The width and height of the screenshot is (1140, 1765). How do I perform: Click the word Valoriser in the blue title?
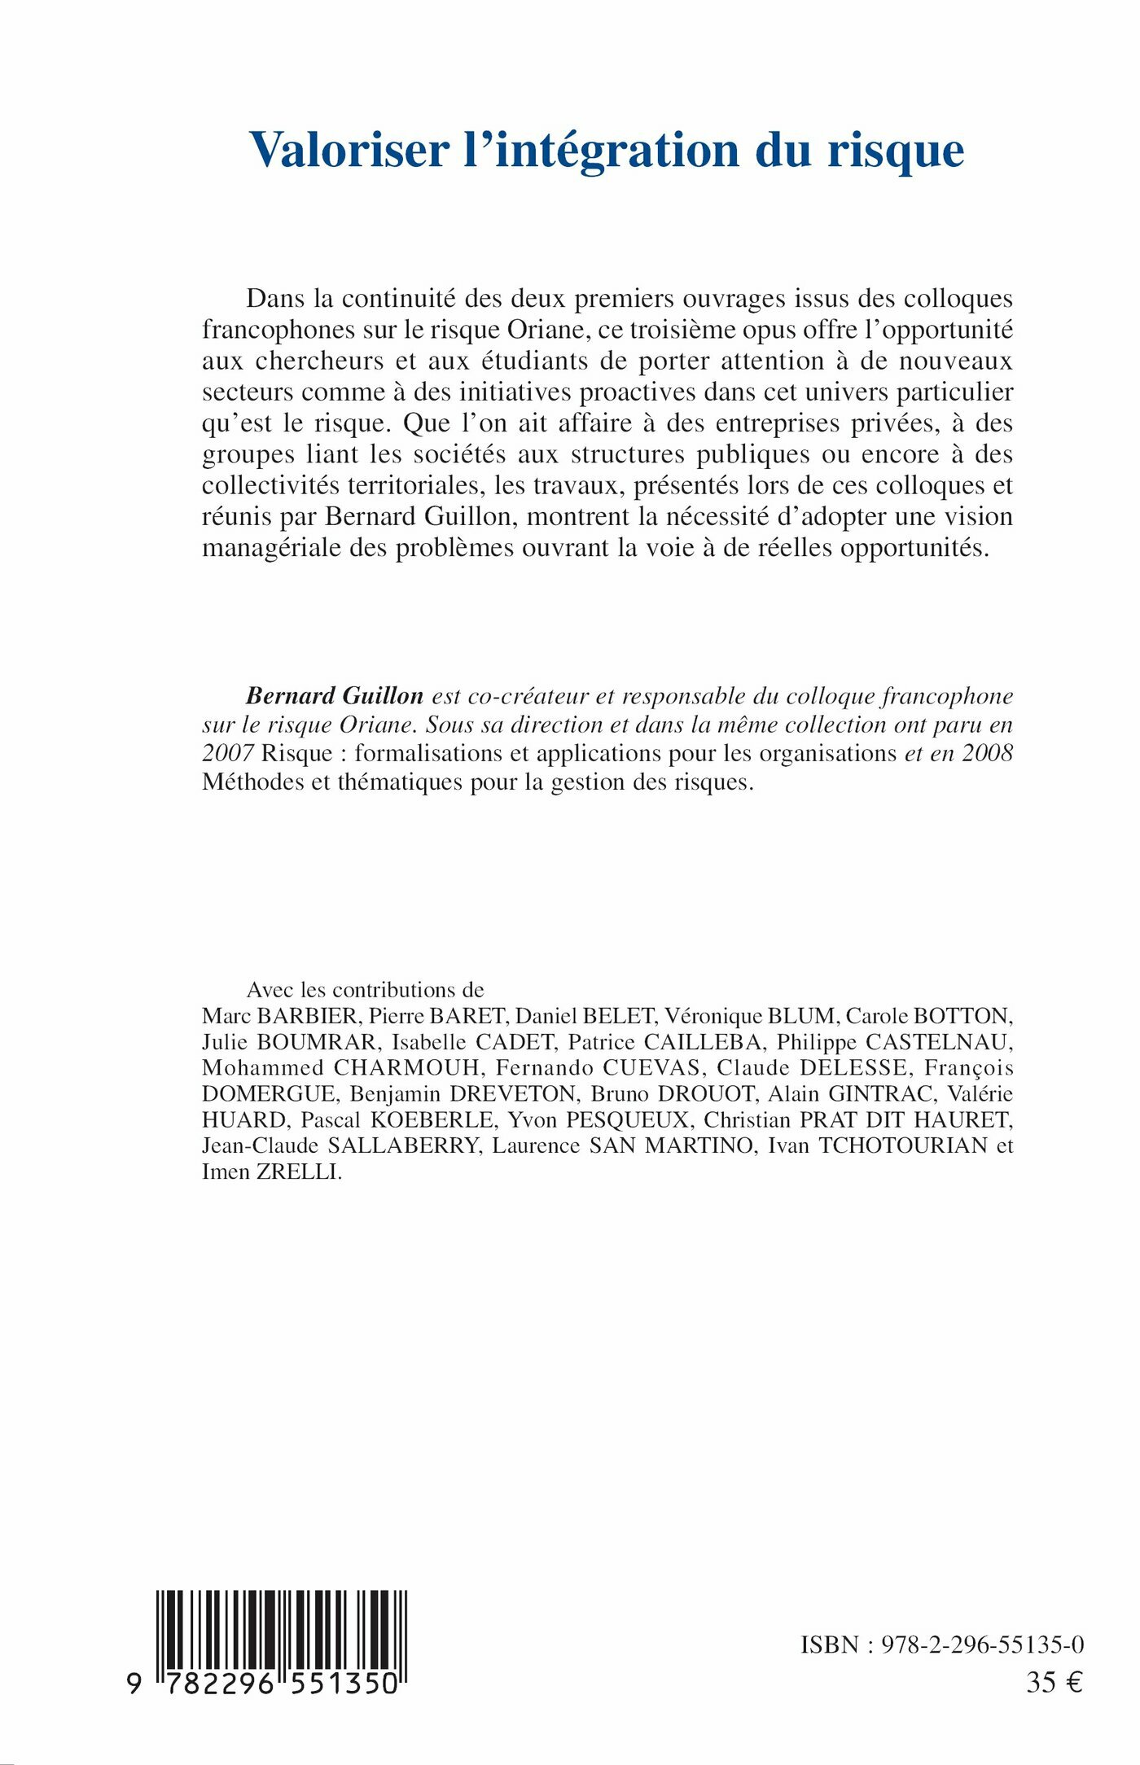pyautogui.click(x=349, y=150)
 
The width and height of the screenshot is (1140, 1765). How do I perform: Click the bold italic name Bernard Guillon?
pyautogui.click(x=335, y=696)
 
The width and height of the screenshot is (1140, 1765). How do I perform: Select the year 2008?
pyautogui.click(x=988, y=753)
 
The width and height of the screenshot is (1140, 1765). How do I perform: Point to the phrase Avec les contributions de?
pyautogui.click(x=365, y=990)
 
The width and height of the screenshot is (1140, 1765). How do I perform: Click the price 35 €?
pyautogui.click(x=1054, y=1683)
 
